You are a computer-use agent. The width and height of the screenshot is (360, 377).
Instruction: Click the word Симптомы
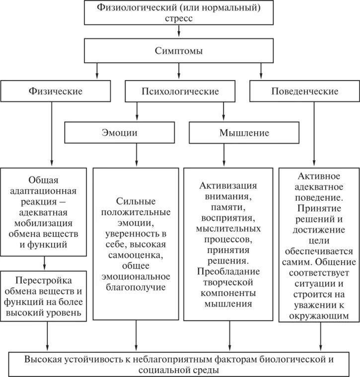pyautogui.click(x=179, y=51)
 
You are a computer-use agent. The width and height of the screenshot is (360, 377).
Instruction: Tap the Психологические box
pyautogui.click(x=180, y=92)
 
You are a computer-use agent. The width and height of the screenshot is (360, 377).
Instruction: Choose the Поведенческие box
pyautogui.click(x=305, y=91)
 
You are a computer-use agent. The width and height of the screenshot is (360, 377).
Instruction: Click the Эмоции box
pyautogui.click(x=120, y=133)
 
